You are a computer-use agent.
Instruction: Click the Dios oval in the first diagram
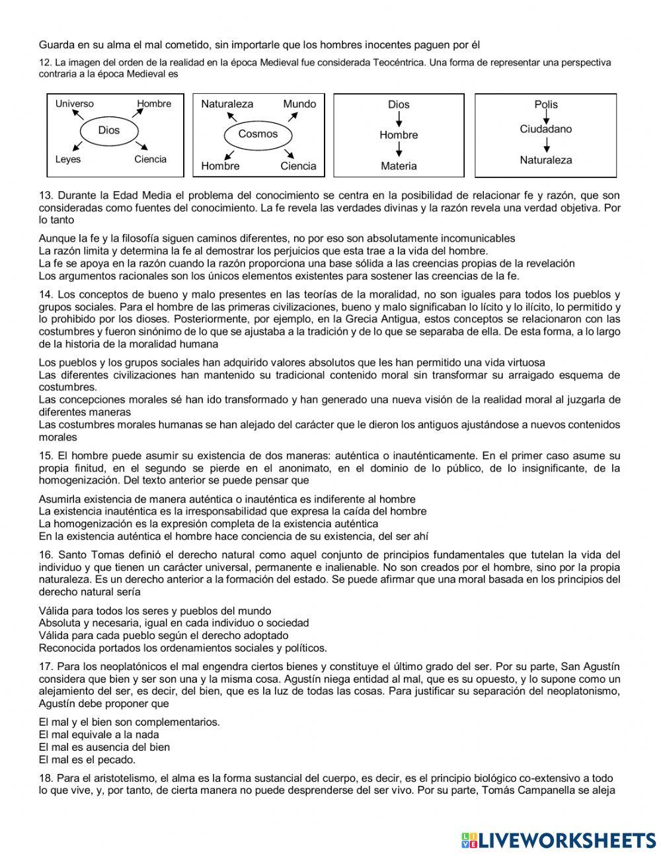pos(109,130)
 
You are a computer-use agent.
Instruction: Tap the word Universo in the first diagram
pos(74,104)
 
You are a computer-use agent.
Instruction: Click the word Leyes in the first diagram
pos(68,159)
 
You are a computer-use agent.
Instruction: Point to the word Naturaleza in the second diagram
pos(227,104)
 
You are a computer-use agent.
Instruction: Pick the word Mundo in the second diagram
pos(299,104)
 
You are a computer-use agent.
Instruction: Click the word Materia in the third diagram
pos(399,166)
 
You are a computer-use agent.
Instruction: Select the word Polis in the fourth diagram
pos(546,105)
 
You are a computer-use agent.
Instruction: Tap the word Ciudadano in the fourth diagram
pos(546,129)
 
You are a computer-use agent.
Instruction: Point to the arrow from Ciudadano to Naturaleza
pos(547,144)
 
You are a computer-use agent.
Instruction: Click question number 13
pos(46,196)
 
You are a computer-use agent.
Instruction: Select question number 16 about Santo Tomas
pos(46,554)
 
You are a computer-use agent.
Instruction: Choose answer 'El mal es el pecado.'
pos(87,759)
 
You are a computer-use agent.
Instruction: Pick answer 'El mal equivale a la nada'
pos(98,734)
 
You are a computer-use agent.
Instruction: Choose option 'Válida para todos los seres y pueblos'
pos(155,611)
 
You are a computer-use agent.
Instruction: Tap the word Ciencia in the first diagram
pos(150,159)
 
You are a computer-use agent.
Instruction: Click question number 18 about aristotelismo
pos(46,778)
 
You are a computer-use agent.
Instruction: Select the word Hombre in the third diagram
pos(399,135)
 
